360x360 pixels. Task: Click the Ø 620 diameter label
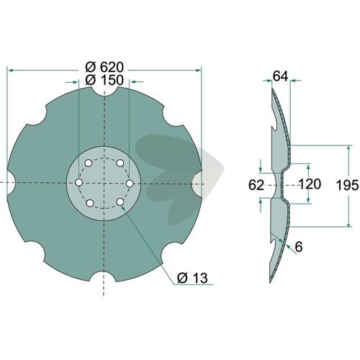104,68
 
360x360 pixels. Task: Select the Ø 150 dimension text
104,80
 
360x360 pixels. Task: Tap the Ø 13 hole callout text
192,278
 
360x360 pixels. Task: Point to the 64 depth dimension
280,77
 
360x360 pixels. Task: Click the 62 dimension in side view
256,185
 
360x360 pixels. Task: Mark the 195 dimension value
347,185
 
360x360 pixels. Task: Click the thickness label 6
299,247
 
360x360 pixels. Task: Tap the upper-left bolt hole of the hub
89,163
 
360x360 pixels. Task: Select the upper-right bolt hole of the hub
120,163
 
